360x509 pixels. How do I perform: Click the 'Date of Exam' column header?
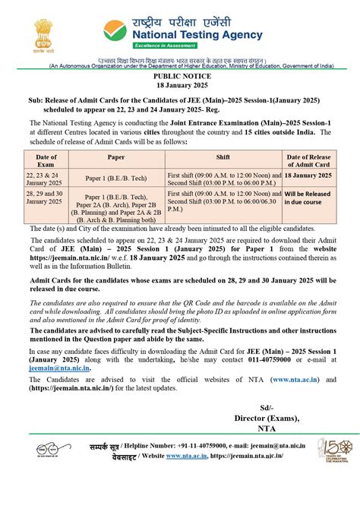click(46, 160)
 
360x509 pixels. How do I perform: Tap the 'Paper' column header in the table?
click(116, 156)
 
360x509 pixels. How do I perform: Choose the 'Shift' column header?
click(223, 156)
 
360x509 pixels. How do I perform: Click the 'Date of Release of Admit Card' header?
click(308, 160)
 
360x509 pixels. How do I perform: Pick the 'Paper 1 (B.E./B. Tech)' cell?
click(116, 179)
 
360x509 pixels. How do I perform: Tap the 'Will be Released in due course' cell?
click(308, 199)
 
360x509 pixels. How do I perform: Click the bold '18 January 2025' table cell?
click(308, 175)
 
